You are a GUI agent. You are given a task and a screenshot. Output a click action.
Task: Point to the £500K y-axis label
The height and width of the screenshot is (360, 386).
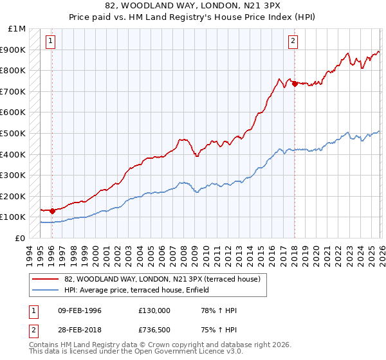click(13, 134)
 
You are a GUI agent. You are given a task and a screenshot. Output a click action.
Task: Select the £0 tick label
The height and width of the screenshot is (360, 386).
click(20, 238)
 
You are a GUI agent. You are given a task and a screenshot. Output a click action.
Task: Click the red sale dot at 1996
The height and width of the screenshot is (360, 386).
click(52, 210)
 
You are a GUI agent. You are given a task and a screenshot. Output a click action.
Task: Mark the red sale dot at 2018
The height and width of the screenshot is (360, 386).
click(294, 84)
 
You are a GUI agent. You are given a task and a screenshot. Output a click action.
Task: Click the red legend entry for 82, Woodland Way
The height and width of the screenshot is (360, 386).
click(161, 279)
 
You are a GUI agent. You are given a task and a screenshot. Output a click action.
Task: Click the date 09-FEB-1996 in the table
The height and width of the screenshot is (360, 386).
click(80, 310)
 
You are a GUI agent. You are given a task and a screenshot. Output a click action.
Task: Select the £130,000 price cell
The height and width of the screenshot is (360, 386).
click(154, 310)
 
